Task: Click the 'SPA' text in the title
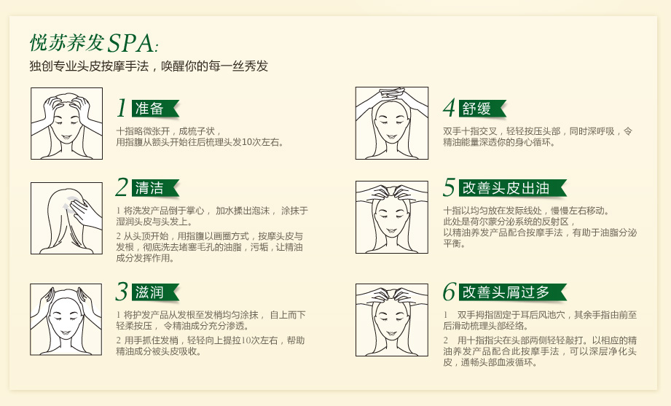coord(130,43)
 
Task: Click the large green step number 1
coord(122,108)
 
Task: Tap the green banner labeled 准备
coord(154,109)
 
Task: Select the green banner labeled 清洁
coord(154,188)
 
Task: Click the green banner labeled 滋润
coord(154,292)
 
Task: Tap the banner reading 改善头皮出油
coord(512,188)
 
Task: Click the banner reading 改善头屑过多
coord(512,292)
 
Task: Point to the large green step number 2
coord(122,187)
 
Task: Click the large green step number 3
coord(122,292)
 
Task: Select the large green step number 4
coord(450,108)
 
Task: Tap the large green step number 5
coord(450,187)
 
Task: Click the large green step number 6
coord(450,292)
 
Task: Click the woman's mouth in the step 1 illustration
coord(66,138)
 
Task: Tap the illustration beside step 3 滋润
coord(66,319)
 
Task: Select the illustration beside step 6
coord(391,320)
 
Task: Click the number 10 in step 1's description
coord(248,142)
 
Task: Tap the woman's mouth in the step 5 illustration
coord(391,231)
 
